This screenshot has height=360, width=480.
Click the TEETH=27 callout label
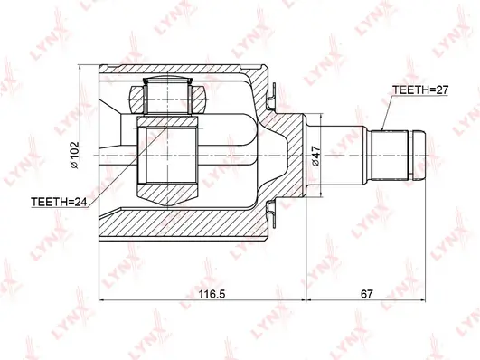[x=420, y=90]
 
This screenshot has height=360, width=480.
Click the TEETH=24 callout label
[x=59, y=202]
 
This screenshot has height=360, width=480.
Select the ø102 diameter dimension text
[x=74, y=155]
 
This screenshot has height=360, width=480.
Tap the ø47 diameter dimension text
[x=315, y=156]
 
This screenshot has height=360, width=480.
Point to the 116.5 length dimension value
[x=212, y=294]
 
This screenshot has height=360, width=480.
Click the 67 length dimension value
[x=366, y=294]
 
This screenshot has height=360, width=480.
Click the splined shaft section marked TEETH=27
[x=390, y=156]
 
